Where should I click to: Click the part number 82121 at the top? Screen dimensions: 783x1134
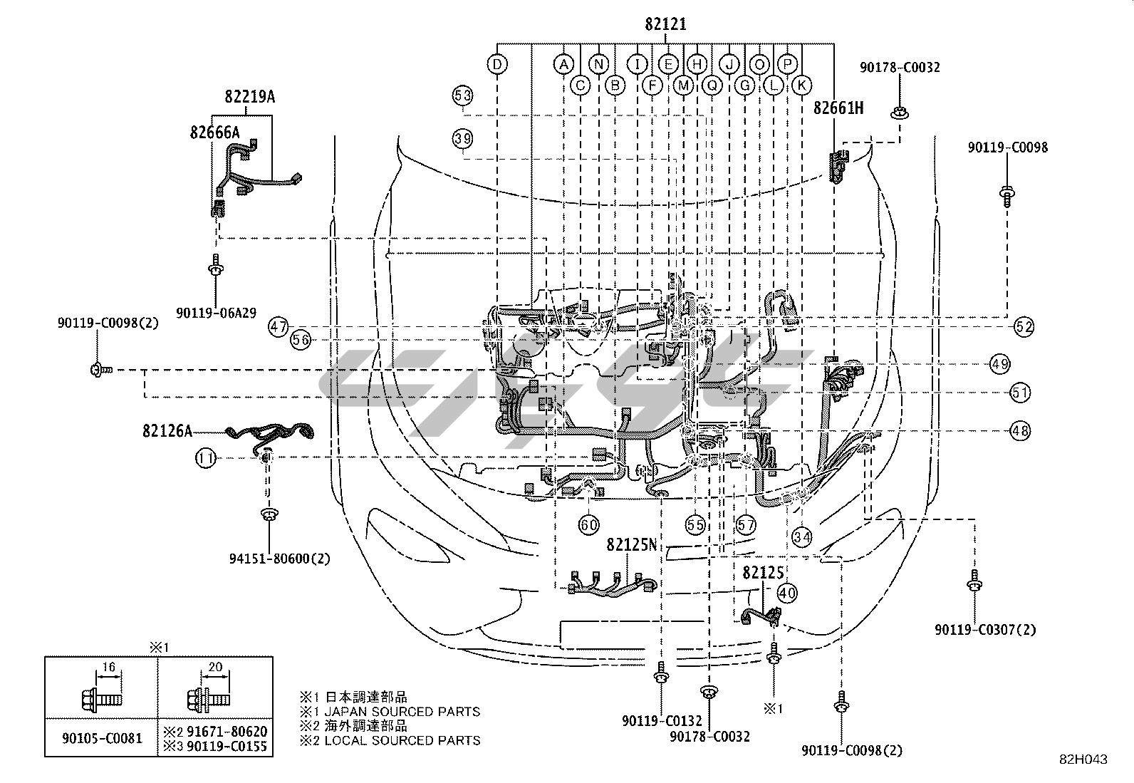[x=665, y=24]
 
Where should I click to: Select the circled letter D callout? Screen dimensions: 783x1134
[x=497, y=65]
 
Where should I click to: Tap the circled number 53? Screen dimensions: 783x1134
[x=462, y=95]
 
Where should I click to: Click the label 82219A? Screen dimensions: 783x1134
[x=249, y=96]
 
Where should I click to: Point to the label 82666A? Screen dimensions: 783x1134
[x=214, y=132]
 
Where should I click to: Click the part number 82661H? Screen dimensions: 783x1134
[x=838, y=108]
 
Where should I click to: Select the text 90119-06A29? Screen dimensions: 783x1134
[x=217, y=311]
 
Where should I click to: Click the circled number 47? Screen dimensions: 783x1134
[x=279, y=327]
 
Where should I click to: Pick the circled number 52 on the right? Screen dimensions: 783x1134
[x=1024, y=327]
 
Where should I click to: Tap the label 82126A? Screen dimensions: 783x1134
[x=167, y=431]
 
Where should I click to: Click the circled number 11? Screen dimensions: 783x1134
[x=205, y=459]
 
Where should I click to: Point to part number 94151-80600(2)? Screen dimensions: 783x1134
[x=270, y=559]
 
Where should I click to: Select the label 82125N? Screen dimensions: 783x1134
[x=631, y=545]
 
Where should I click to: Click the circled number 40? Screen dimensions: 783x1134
[x=786, y=592]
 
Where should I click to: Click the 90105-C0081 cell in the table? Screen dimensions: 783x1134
[x=100, y=739]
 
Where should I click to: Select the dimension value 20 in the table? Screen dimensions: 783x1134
[x=215, y=668]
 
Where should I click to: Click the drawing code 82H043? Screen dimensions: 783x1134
[x=1083, y=759]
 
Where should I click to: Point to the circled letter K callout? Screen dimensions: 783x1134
[x=801, y=85]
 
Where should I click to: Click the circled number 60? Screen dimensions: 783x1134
[x=588, y=526]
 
